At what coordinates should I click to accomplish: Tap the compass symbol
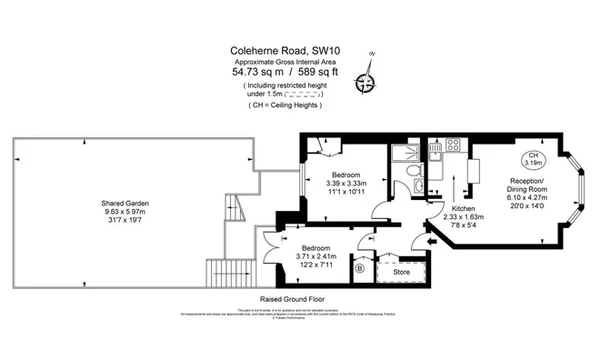coord(366,83)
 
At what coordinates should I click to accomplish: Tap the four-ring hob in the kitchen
coord(452,145)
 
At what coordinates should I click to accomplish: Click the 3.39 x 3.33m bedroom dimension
coord(346,184)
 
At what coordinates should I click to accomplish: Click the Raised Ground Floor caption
coord(293,297)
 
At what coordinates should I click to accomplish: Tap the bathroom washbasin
coord(418,187)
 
